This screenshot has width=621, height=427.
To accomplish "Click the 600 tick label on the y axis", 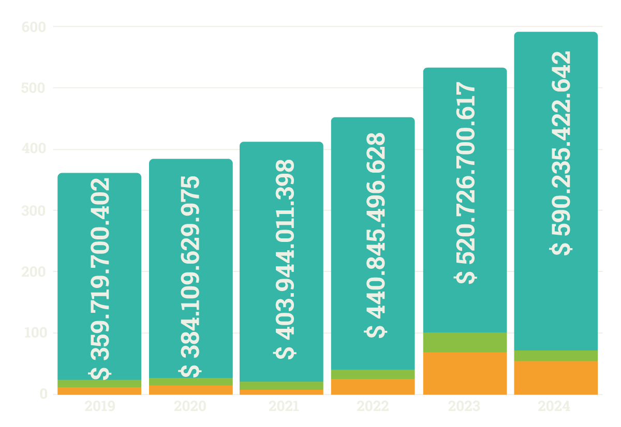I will coord(34,26).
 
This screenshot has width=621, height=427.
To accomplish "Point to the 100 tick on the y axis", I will coord(34,333).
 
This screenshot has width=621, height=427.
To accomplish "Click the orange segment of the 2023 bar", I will coord(464,373).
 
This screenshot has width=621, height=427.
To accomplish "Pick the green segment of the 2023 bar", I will coord(464,342).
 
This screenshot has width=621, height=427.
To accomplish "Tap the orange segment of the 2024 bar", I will coord(556,377).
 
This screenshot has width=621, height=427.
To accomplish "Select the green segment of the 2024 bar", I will coord(556,356).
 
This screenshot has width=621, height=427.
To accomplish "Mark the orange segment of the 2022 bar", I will coord(373,386).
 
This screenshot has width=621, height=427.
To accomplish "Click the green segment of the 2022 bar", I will coord(373,374).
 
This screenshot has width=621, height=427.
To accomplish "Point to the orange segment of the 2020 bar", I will coord(190,389).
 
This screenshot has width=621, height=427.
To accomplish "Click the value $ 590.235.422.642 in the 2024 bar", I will coord(561,152).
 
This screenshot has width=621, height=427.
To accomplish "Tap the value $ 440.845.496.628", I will coord(376,235).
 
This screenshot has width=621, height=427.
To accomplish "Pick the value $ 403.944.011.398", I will coord(284,258).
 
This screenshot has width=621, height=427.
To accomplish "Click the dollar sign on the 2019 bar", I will coord(99,373).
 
